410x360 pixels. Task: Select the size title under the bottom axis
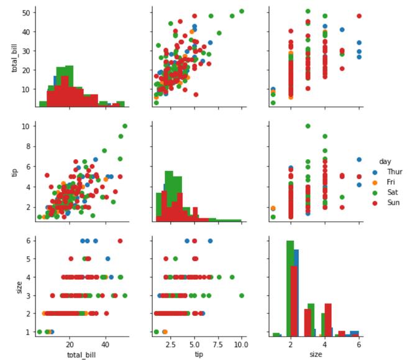316,353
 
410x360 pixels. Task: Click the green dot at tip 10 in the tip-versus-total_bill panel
125,126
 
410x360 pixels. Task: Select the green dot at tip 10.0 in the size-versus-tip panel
242,295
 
